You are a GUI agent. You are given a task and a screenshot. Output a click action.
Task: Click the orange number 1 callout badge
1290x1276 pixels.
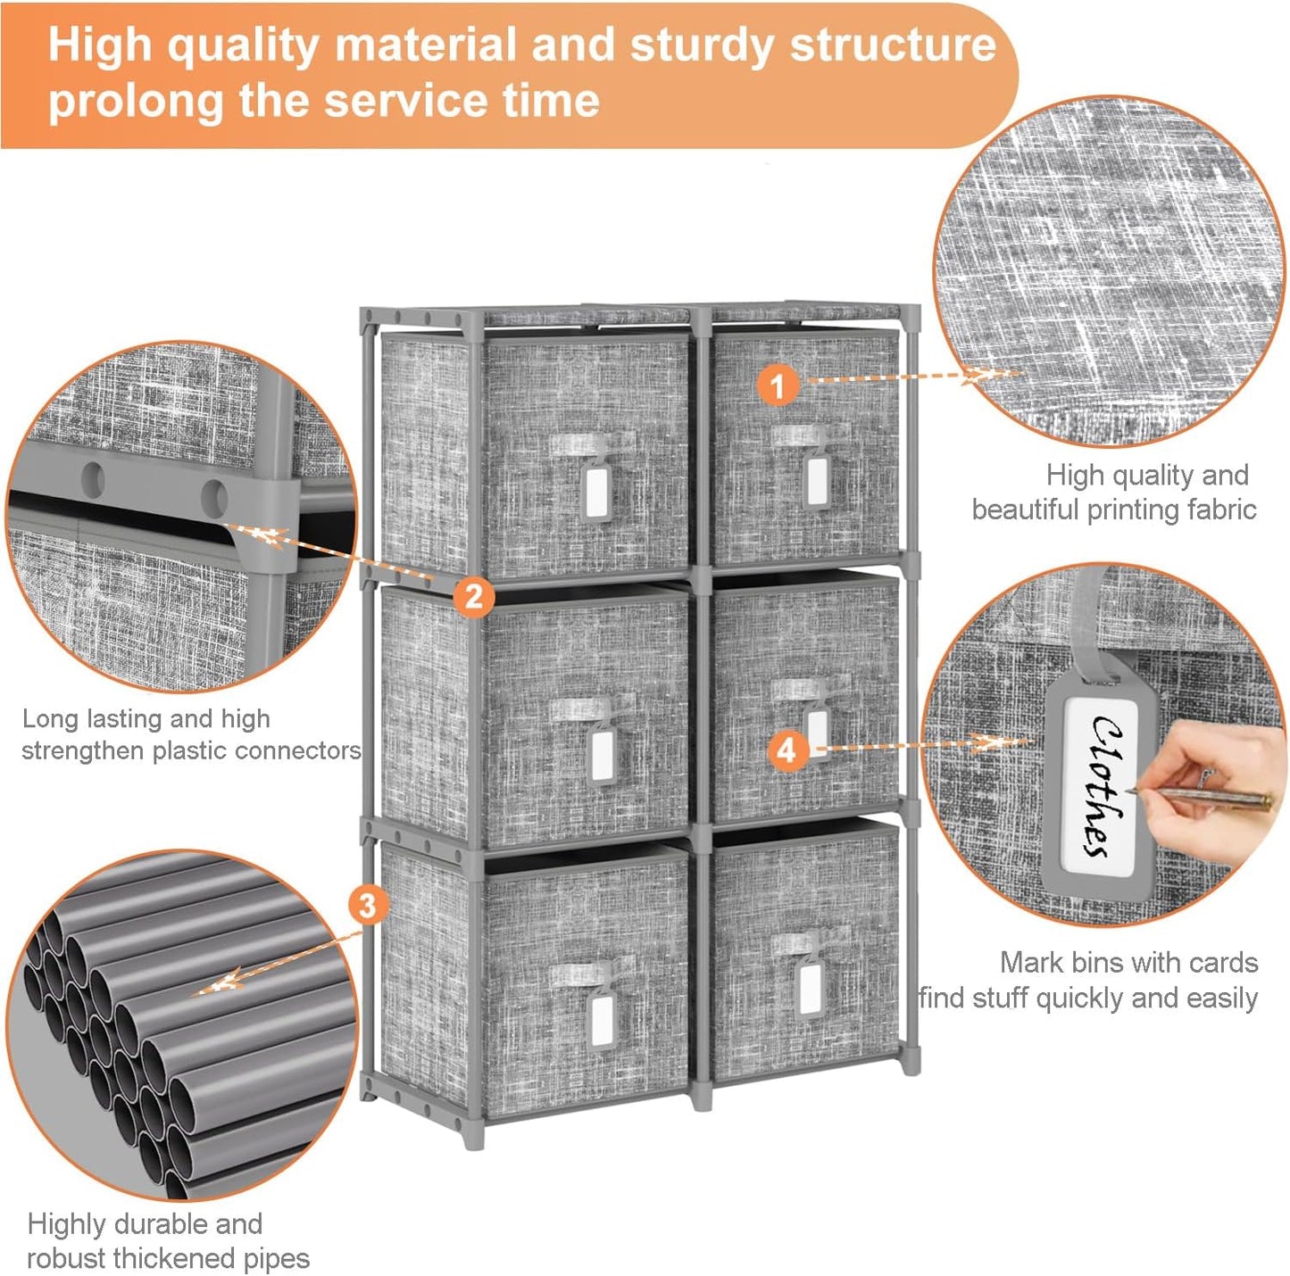pyautogui.click(x=778, y=386)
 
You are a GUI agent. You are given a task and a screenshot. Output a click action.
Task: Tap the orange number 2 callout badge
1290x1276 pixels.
pyautogui.click(x=473, y=595)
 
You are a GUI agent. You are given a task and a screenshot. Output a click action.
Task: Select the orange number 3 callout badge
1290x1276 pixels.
pyautogui.click(x=368, y=907)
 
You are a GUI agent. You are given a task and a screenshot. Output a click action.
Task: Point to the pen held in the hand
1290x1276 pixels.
pyautogui.click(x=1198, y=796)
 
